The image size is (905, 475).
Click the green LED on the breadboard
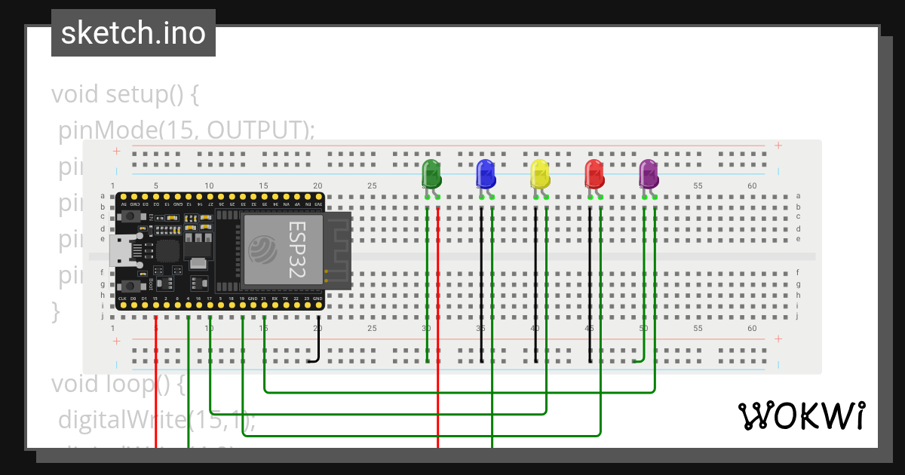(431, 174)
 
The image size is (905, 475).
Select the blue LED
(486, 174)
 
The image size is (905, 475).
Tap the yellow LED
(540, 174)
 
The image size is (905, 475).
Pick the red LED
(594, 174)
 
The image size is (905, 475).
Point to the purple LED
(649, 174)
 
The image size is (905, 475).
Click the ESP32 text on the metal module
(298, 250)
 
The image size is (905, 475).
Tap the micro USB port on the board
(121, 250)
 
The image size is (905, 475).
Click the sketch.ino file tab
(133, 33)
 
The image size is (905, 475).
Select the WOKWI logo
(801, 415)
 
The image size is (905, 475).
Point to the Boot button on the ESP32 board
(133, 286)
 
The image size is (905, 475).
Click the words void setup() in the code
(124, 95)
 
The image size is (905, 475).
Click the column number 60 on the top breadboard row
(752, 185)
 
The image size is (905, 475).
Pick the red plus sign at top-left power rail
(117, 151)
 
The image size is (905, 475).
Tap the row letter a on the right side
(798, 195)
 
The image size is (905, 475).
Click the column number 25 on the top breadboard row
(372, 185)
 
